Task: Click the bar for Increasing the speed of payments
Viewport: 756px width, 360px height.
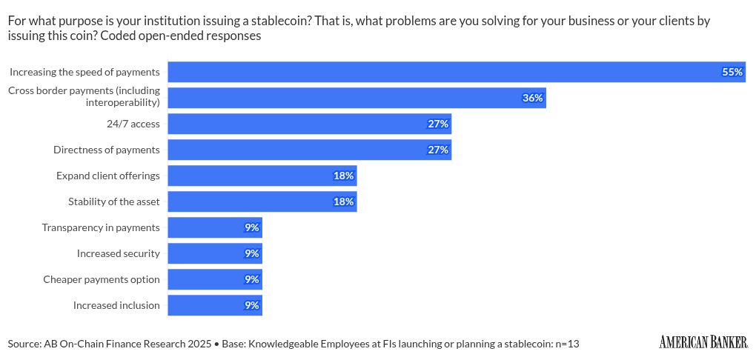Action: (445, 72)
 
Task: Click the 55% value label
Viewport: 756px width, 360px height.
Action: (732, 72)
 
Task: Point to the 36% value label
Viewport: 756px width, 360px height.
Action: (533, 98)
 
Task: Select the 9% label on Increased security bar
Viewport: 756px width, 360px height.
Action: (252, 253)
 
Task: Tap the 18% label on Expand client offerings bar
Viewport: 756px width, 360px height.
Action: (343, 176)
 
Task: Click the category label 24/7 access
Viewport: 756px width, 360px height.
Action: (133, 124)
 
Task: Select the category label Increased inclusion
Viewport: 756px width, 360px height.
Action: (116, 305)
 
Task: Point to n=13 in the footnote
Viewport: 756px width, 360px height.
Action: (564, 344)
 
